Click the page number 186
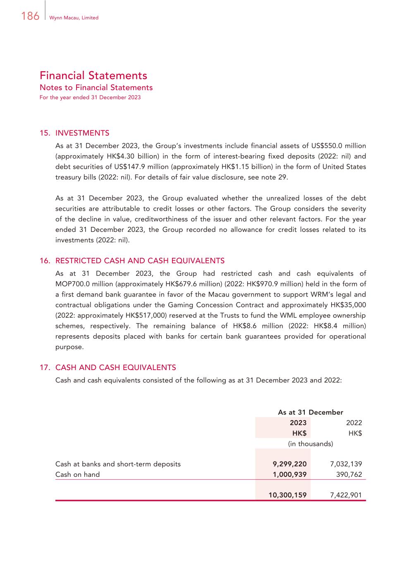click(x=30, y=16)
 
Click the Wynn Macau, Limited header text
click(x=74, y=18)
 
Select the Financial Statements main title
click(x=93, y=75)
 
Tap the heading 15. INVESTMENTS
click(x=74, y=133)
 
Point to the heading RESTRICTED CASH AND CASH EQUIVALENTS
click(x=140, y=261)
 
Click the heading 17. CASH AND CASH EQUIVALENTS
click(x=108, y=368)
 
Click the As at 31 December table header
click(x=310, y=412)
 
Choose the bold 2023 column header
click(x=298, y=423)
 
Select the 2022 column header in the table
click(x=354, y=423)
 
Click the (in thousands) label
click(x=310, y=444)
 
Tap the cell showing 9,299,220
click(x=289, y=464)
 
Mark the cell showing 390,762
click(x=349, y=474)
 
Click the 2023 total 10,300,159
click(x=287, y=495)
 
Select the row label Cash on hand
click(x=77, y=474)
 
